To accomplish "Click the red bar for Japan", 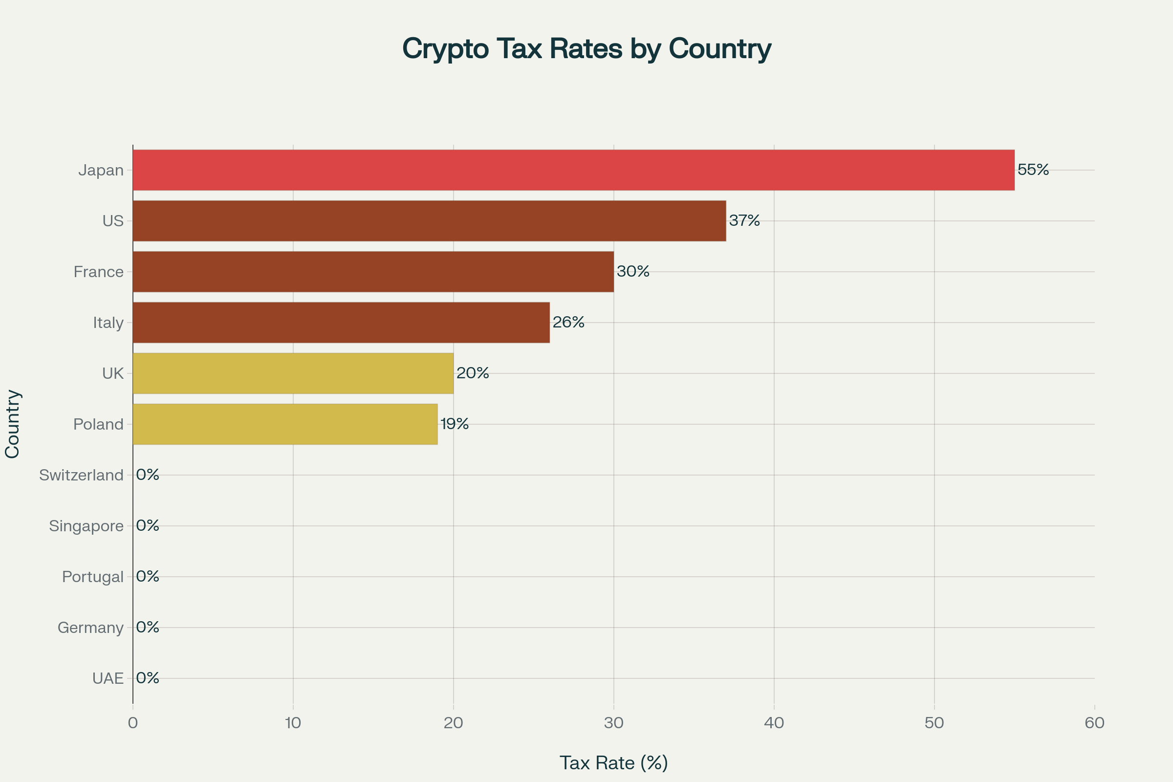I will [x=573, y=170].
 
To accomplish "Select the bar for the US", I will [x=429, y=221].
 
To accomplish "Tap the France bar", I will [x=373, y=272].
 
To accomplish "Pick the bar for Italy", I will [x=341, y=323].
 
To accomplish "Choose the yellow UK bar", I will [x=293, y=373].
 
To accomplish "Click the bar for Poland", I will [x=285, y=424].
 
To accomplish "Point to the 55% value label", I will [x=1033, y=170].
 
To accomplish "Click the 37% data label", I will [x=744, y=220].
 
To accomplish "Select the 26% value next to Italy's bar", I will [x=568, y=322].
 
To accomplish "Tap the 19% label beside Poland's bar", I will [x=455, y=424].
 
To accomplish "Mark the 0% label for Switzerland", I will [x=148, y=475].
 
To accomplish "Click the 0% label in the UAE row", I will [x=148, y=678].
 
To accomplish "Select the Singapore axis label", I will [x=87, y=526].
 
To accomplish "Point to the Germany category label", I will [x=90, y=628].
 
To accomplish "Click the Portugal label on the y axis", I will [x=93, y=577].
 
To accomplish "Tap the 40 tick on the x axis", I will [x=774, y=723].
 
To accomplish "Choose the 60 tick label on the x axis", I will [x=1095, y=723].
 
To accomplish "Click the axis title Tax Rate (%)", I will [x=613, y=763].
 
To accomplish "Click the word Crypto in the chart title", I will [x=445, y=49].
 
